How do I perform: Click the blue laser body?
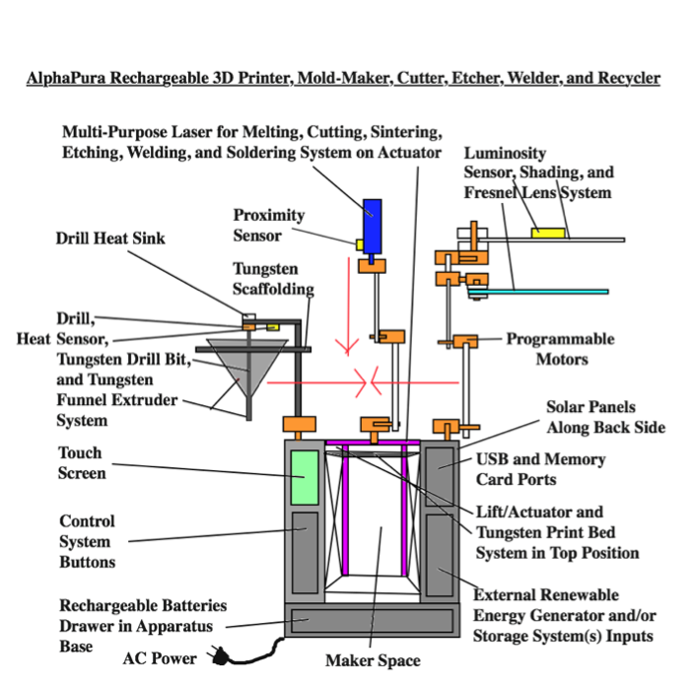tap(372, 223)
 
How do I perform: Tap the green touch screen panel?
tap(306, 477)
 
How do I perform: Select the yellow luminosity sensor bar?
tap(549, 233)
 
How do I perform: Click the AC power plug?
tap(216, 656)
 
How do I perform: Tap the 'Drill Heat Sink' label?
tap(110, 238)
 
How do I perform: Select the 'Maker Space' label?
tap(372, 660)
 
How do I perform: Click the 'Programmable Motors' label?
tap(560, 349)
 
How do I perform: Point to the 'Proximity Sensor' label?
tap(269, 226)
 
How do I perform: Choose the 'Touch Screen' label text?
tap(82, 463)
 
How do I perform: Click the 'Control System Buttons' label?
tap(88, 541)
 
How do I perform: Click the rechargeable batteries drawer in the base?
tap(369, 621)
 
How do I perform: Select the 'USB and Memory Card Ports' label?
tap(540, 468)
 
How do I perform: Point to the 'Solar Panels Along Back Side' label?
tap(605, 417)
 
